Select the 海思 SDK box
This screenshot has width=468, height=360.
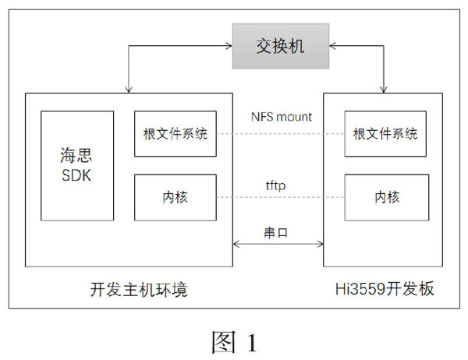76,164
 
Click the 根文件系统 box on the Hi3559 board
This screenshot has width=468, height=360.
385,133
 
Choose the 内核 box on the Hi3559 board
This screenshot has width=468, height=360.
385,197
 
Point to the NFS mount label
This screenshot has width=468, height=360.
281,117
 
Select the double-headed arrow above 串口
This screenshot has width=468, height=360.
278,245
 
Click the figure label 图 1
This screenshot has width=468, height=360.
233,341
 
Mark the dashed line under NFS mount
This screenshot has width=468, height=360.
279,134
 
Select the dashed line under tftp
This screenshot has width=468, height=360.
279,198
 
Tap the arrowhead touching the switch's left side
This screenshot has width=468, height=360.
228,47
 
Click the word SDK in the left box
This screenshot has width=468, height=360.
76,175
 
